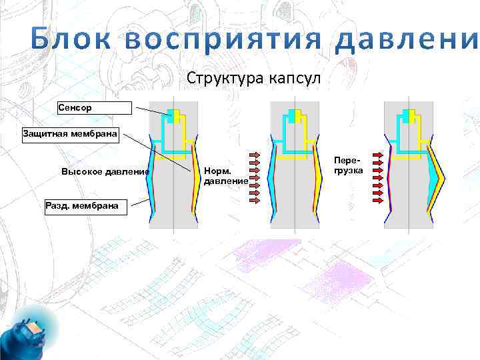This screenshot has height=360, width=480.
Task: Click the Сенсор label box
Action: pos(95,107)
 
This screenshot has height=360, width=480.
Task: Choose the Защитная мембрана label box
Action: pos(70,135)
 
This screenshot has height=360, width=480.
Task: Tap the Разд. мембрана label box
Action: pos(81,205)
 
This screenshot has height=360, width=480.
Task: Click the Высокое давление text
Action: pos(105,171)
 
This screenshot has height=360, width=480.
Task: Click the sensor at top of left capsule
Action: pos(174,115)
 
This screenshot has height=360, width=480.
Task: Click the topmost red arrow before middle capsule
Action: pos(257,153)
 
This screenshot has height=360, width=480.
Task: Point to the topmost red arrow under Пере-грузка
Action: pos(377,154)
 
